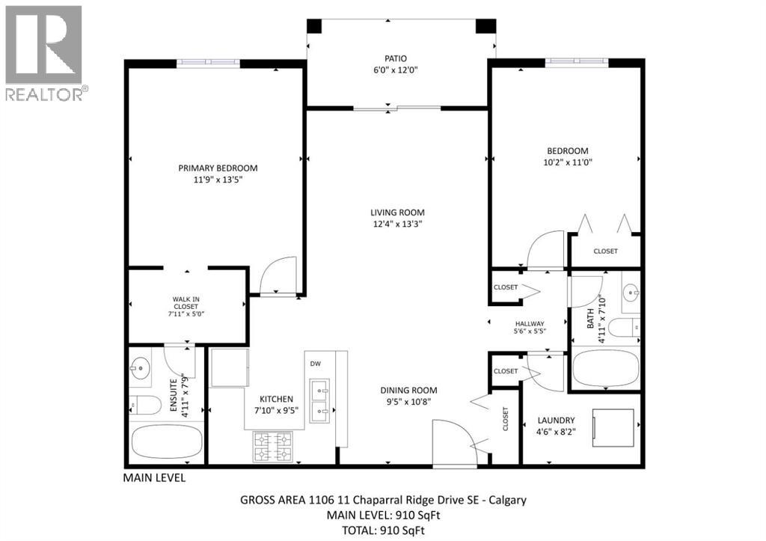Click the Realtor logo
click(44, 52)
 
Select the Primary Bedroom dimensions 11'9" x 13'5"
click(218, 180)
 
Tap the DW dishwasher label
click(315, 364)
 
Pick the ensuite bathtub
click(166, 442)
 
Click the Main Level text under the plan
click(154, 477)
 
